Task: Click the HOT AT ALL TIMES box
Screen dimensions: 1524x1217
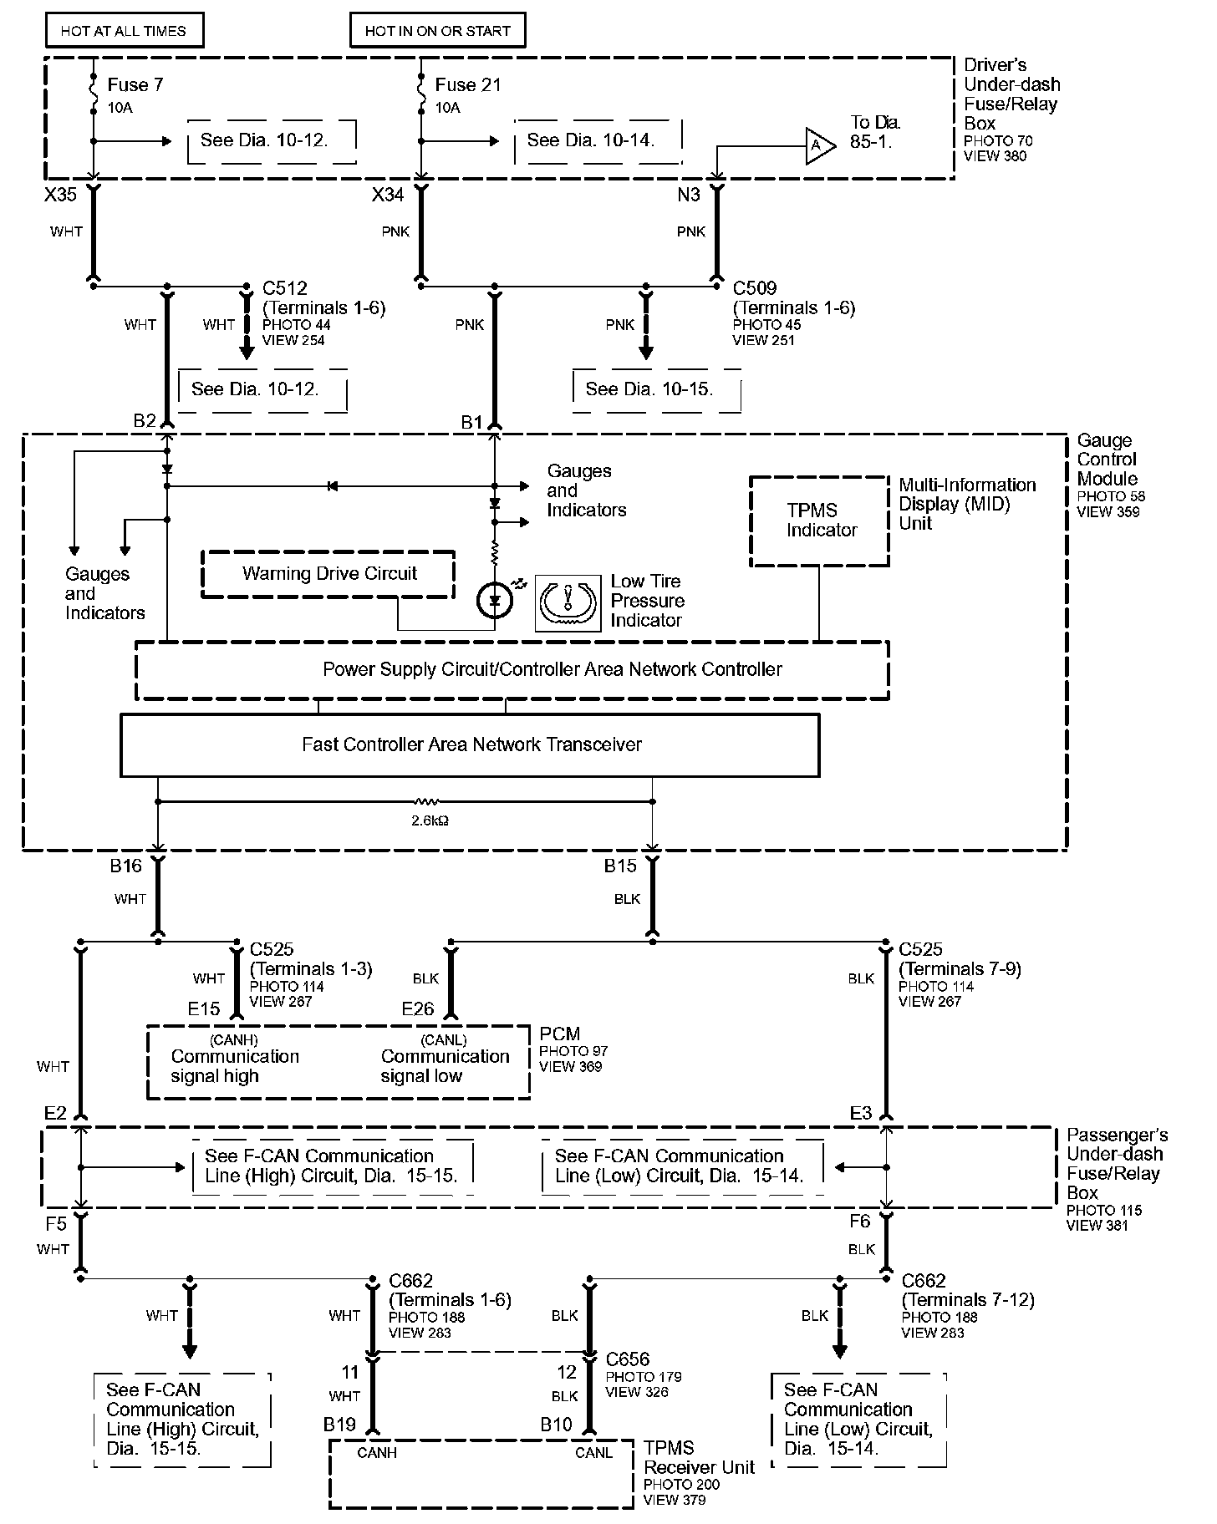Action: coord(123,31)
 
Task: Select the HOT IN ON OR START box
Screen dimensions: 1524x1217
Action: coord(437,31)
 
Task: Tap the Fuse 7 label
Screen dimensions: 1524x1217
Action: coord(135,85)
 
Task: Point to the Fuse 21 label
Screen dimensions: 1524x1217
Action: coord(467,85)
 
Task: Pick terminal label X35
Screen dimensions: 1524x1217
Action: coord(60,195)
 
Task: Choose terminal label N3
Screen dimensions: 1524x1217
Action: coord(689,195)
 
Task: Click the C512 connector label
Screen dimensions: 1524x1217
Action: coord(285,288)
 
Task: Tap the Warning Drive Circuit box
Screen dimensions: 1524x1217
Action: coord(328,574)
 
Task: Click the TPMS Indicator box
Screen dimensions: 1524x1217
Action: coord(820,521)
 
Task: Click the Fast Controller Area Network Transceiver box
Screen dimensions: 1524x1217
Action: coord(471,744)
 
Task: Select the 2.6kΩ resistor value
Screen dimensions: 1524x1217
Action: coord(430,820)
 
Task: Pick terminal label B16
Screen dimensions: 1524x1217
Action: coord(126,866)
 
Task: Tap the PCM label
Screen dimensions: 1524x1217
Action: coord(559,1034)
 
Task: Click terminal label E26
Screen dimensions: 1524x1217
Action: coord(418,1009)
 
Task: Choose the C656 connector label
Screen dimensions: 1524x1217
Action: coord(628,1360)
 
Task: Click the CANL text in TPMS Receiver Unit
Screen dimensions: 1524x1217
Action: coord(593,1453)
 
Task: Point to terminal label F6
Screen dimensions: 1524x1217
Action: coord(860,1222)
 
